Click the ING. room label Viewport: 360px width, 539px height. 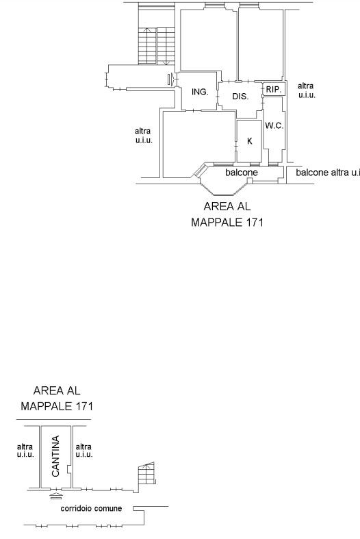pos(200,92)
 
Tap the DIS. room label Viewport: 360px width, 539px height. pos(240,97)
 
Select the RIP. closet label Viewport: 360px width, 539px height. pos(274,89)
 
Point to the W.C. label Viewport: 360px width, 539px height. pos(274,126)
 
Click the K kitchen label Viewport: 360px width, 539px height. pos(250,141)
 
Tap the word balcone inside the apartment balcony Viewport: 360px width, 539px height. pos(242,172)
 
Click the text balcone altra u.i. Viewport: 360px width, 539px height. pos(328,172)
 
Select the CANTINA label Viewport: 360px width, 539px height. pos(55,456)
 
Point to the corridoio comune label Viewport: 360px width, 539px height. pos(91,508)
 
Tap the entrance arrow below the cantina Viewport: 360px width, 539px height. pos(56,496)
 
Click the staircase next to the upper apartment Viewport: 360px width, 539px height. pos(157,46)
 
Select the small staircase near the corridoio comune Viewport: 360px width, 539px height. pos(146,473)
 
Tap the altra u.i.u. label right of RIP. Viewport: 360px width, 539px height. pos(307,90)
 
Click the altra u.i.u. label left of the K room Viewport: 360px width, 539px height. pos(144,136)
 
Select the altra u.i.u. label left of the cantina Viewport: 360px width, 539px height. pos(25,451)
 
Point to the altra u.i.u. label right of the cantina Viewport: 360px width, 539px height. pos(84,451)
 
